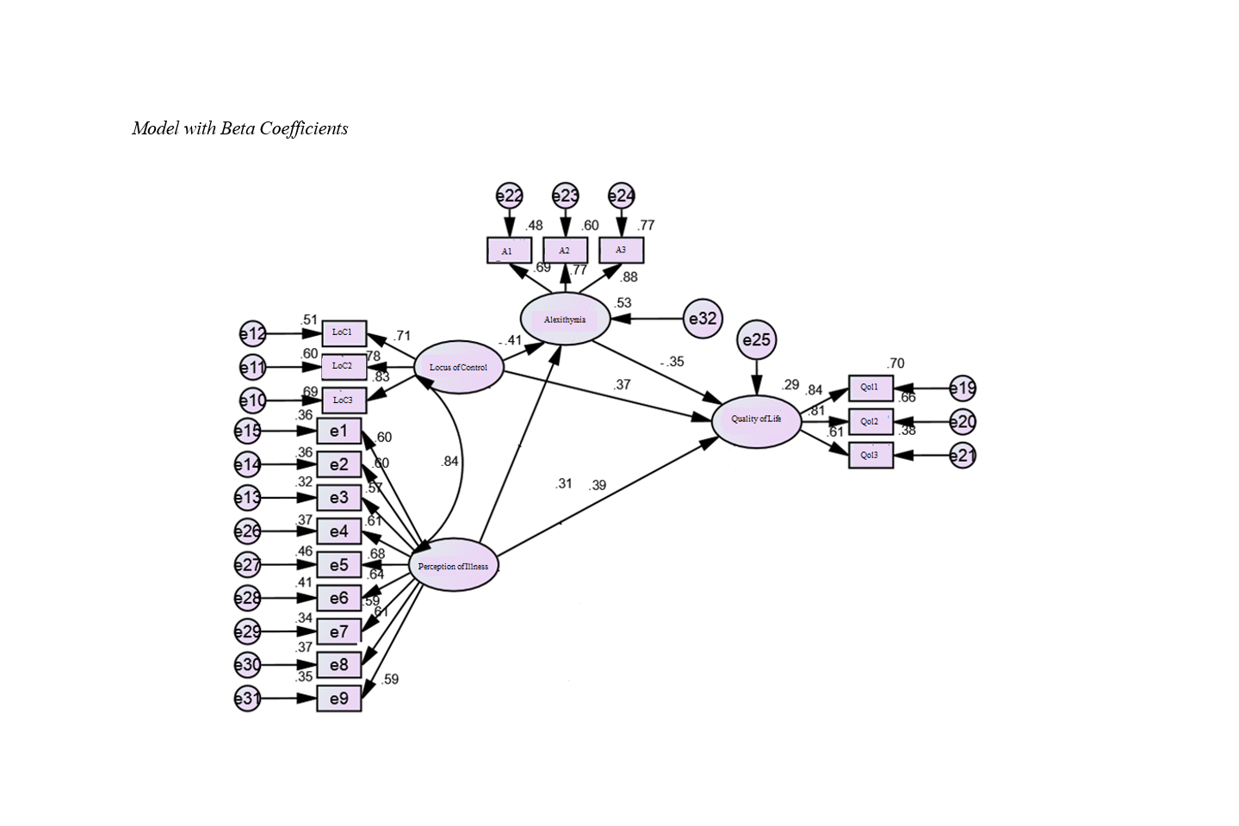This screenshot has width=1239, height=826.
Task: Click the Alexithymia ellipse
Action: tap(565, 319)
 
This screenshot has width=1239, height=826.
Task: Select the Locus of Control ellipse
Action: tap(458, 367)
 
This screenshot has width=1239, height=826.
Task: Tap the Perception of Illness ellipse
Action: tap(453, 565)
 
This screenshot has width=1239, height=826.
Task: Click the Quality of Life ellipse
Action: tap(756, 419)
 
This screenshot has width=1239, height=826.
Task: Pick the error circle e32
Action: tap(703, 319)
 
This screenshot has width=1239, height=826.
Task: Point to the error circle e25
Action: tap(757, 340)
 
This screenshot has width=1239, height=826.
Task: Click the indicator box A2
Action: tap(565, 251)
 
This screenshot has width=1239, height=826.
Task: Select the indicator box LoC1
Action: tap(344, 332)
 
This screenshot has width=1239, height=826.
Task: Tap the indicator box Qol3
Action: tap(870, 455)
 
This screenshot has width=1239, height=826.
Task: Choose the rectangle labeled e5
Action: tap(339, 565)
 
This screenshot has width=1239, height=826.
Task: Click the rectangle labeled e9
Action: tap(339, 699)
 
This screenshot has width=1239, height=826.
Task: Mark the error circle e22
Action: tap(510, 196)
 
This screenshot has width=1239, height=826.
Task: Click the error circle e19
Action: tap(963, 388)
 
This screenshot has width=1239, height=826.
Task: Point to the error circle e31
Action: tap(248, 699)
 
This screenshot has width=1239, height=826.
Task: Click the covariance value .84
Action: tap(449, 462)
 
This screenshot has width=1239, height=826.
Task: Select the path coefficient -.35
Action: tap(672, 362)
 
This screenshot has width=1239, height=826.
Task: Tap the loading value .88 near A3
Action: tap(629, 277)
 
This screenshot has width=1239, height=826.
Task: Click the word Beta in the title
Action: tap(238, 128)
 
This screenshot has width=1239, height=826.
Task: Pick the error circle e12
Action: tap(252, 334)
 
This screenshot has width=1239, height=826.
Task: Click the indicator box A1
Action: tap(508, 251)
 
